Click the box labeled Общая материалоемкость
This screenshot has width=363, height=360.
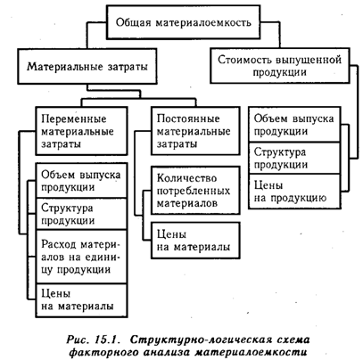tap(183, 22)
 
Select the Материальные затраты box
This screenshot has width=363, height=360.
tap(87, 66)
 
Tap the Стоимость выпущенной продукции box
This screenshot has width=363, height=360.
tap(280, 65)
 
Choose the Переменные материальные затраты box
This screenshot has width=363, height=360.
tap(81, 131)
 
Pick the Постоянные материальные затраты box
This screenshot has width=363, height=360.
tap(195, 131)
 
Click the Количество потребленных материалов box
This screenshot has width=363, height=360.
tap(195, 191)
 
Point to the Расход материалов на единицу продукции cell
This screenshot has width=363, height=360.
tap(81, 257)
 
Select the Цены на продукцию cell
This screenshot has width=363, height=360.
tap(294, 192)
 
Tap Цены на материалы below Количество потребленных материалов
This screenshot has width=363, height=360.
tap(195, 241)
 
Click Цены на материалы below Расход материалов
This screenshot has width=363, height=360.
tap(81, 300)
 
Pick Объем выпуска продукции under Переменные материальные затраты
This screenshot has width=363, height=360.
tap(81, 180)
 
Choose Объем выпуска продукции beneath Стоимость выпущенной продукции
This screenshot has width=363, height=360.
tap(294, 125)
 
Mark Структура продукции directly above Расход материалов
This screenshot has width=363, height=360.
tap(81, 214)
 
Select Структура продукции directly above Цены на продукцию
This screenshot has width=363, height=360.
tap(294, 158)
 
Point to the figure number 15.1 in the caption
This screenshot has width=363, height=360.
tap(107, 340)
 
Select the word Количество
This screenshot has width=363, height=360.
tap(186, 178)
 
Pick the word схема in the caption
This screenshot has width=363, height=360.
tap(291, 340)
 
